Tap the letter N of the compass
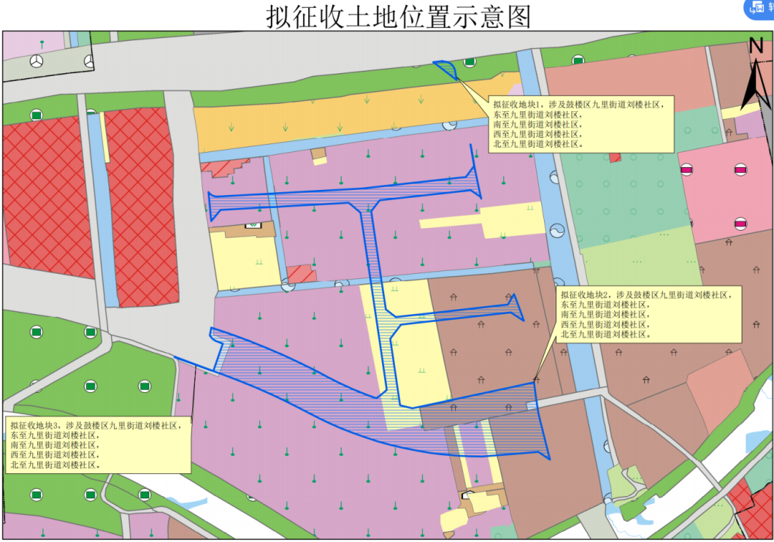tap(756, 45)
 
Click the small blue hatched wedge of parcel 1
tap(447, 68)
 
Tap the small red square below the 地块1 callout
tap(614, 157)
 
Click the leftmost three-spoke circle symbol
tap(36, 62)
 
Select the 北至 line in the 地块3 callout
tap(54, 465)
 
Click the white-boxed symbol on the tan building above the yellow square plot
tap(253, 224)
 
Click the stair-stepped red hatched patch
tap(229, 168)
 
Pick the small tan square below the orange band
tap(318, 154)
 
